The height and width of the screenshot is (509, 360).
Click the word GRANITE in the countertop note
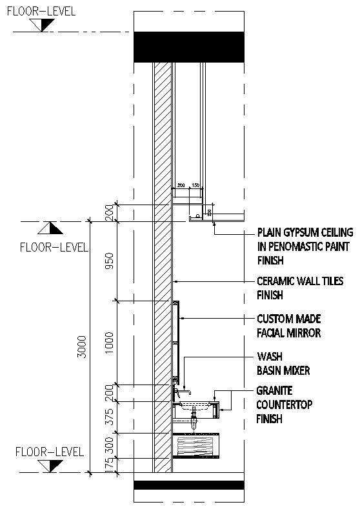(275, 391)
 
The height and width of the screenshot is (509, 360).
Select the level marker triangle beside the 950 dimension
(50, 228)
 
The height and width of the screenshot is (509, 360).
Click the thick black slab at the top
(188, 47)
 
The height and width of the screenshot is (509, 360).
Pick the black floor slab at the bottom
(188, 486)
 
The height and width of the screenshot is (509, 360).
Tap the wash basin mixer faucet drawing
(183, 391)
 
